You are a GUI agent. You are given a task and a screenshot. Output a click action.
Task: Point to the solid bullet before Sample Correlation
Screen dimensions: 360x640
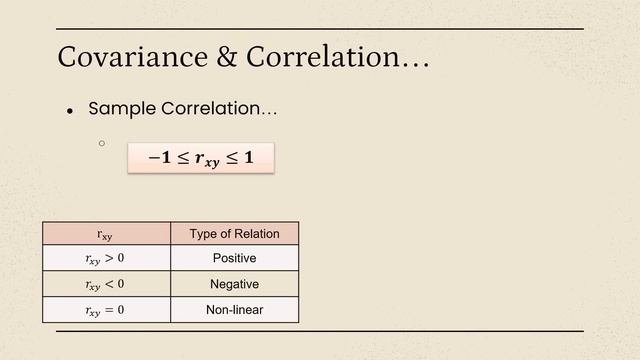tap(70, 111)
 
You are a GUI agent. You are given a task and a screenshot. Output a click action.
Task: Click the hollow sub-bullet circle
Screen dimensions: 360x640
tap(102, 143)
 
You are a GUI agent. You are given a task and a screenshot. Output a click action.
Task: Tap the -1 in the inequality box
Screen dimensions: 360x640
tap(159, 158)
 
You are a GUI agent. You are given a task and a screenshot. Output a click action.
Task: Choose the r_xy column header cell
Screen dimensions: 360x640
tap(106, 234)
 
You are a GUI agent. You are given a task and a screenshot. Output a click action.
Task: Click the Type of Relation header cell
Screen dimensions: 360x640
tap(234, 234)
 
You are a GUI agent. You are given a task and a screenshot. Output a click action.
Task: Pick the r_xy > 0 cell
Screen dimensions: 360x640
tap(106, 258)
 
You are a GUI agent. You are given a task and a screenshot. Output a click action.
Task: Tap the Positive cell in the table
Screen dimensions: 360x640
tap(234, 258)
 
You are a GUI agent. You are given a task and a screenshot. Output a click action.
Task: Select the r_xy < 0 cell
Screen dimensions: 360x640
tap(106, 284)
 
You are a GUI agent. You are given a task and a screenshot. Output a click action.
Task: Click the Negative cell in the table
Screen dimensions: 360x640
tap(234, 284)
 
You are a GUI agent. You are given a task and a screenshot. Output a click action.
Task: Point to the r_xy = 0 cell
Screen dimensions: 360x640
tap(106, 310)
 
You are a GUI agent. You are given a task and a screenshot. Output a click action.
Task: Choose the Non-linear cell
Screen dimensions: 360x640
tap(234, 310)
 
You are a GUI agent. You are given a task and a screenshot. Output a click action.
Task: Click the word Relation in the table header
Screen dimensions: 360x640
tap(256, 234)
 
